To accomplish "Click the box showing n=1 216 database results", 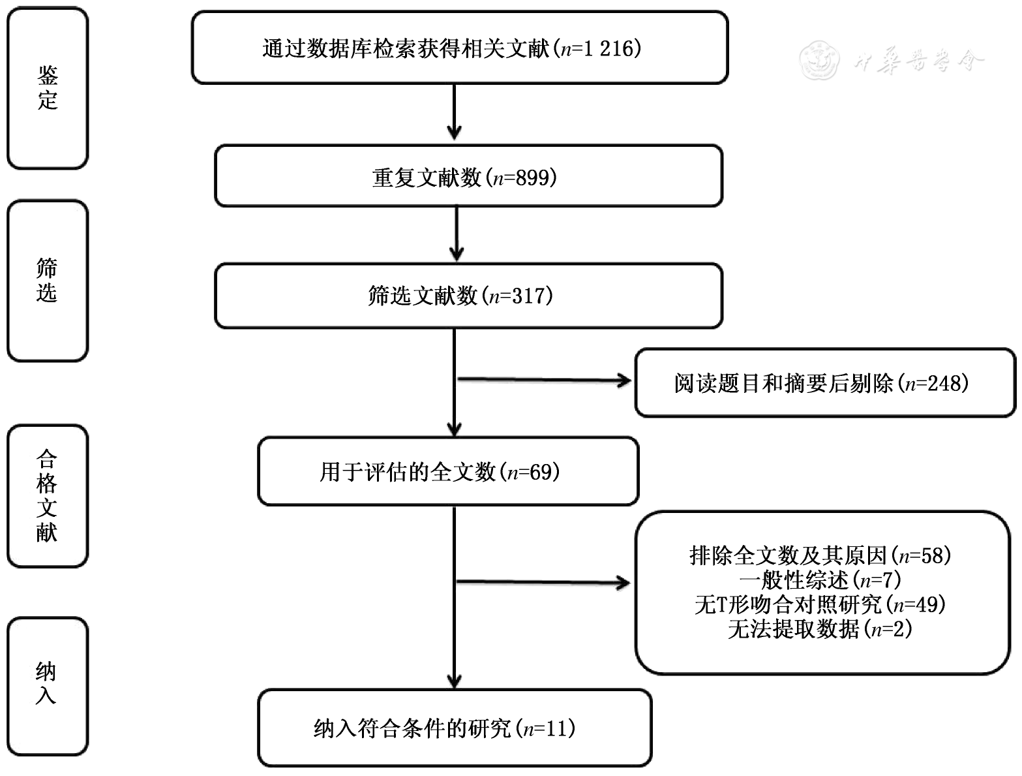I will click(x=459, y=48).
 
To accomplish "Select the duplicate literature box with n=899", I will click(x=468, y=177).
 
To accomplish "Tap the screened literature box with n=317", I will click(x=468, y=296).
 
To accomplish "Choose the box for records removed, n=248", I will click(x=824, y=383).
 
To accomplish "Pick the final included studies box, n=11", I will click(x=454, y=728).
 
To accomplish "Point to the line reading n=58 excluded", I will click(x=820, y=555).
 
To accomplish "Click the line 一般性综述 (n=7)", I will click(x=820, y=580).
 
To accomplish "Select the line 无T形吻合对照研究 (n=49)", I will click(x=820, y=604).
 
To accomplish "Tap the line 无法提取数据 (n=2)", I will click(x=820, y=629).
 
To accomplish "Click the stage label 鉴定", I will click(x=48, y=88).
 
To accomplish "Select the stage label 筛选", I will click(x=47, y=281).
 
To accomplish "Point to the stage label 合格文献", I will click(x=47, y=496).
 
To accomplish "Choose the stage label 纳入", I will click(x=47, y=683).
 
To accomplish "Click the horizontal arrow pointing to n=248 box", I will click(x=545, y=380).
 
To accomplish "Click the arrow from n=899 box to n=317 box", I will click(x=457, y=234).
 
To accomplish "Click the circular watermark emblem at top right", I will click(x=819, y=60).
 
